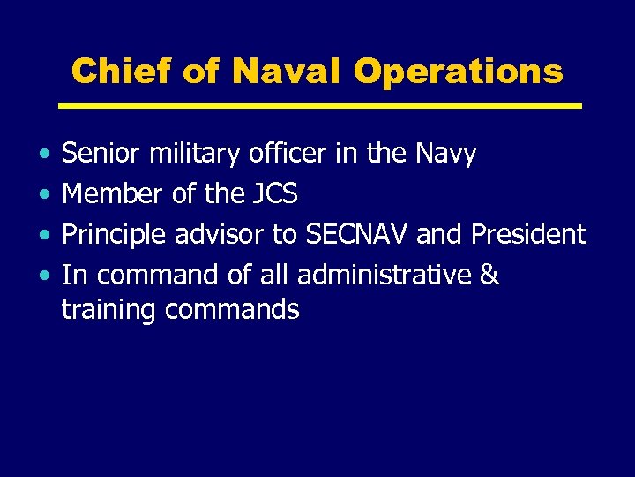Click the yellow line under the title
319,106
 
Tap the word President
528,235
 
